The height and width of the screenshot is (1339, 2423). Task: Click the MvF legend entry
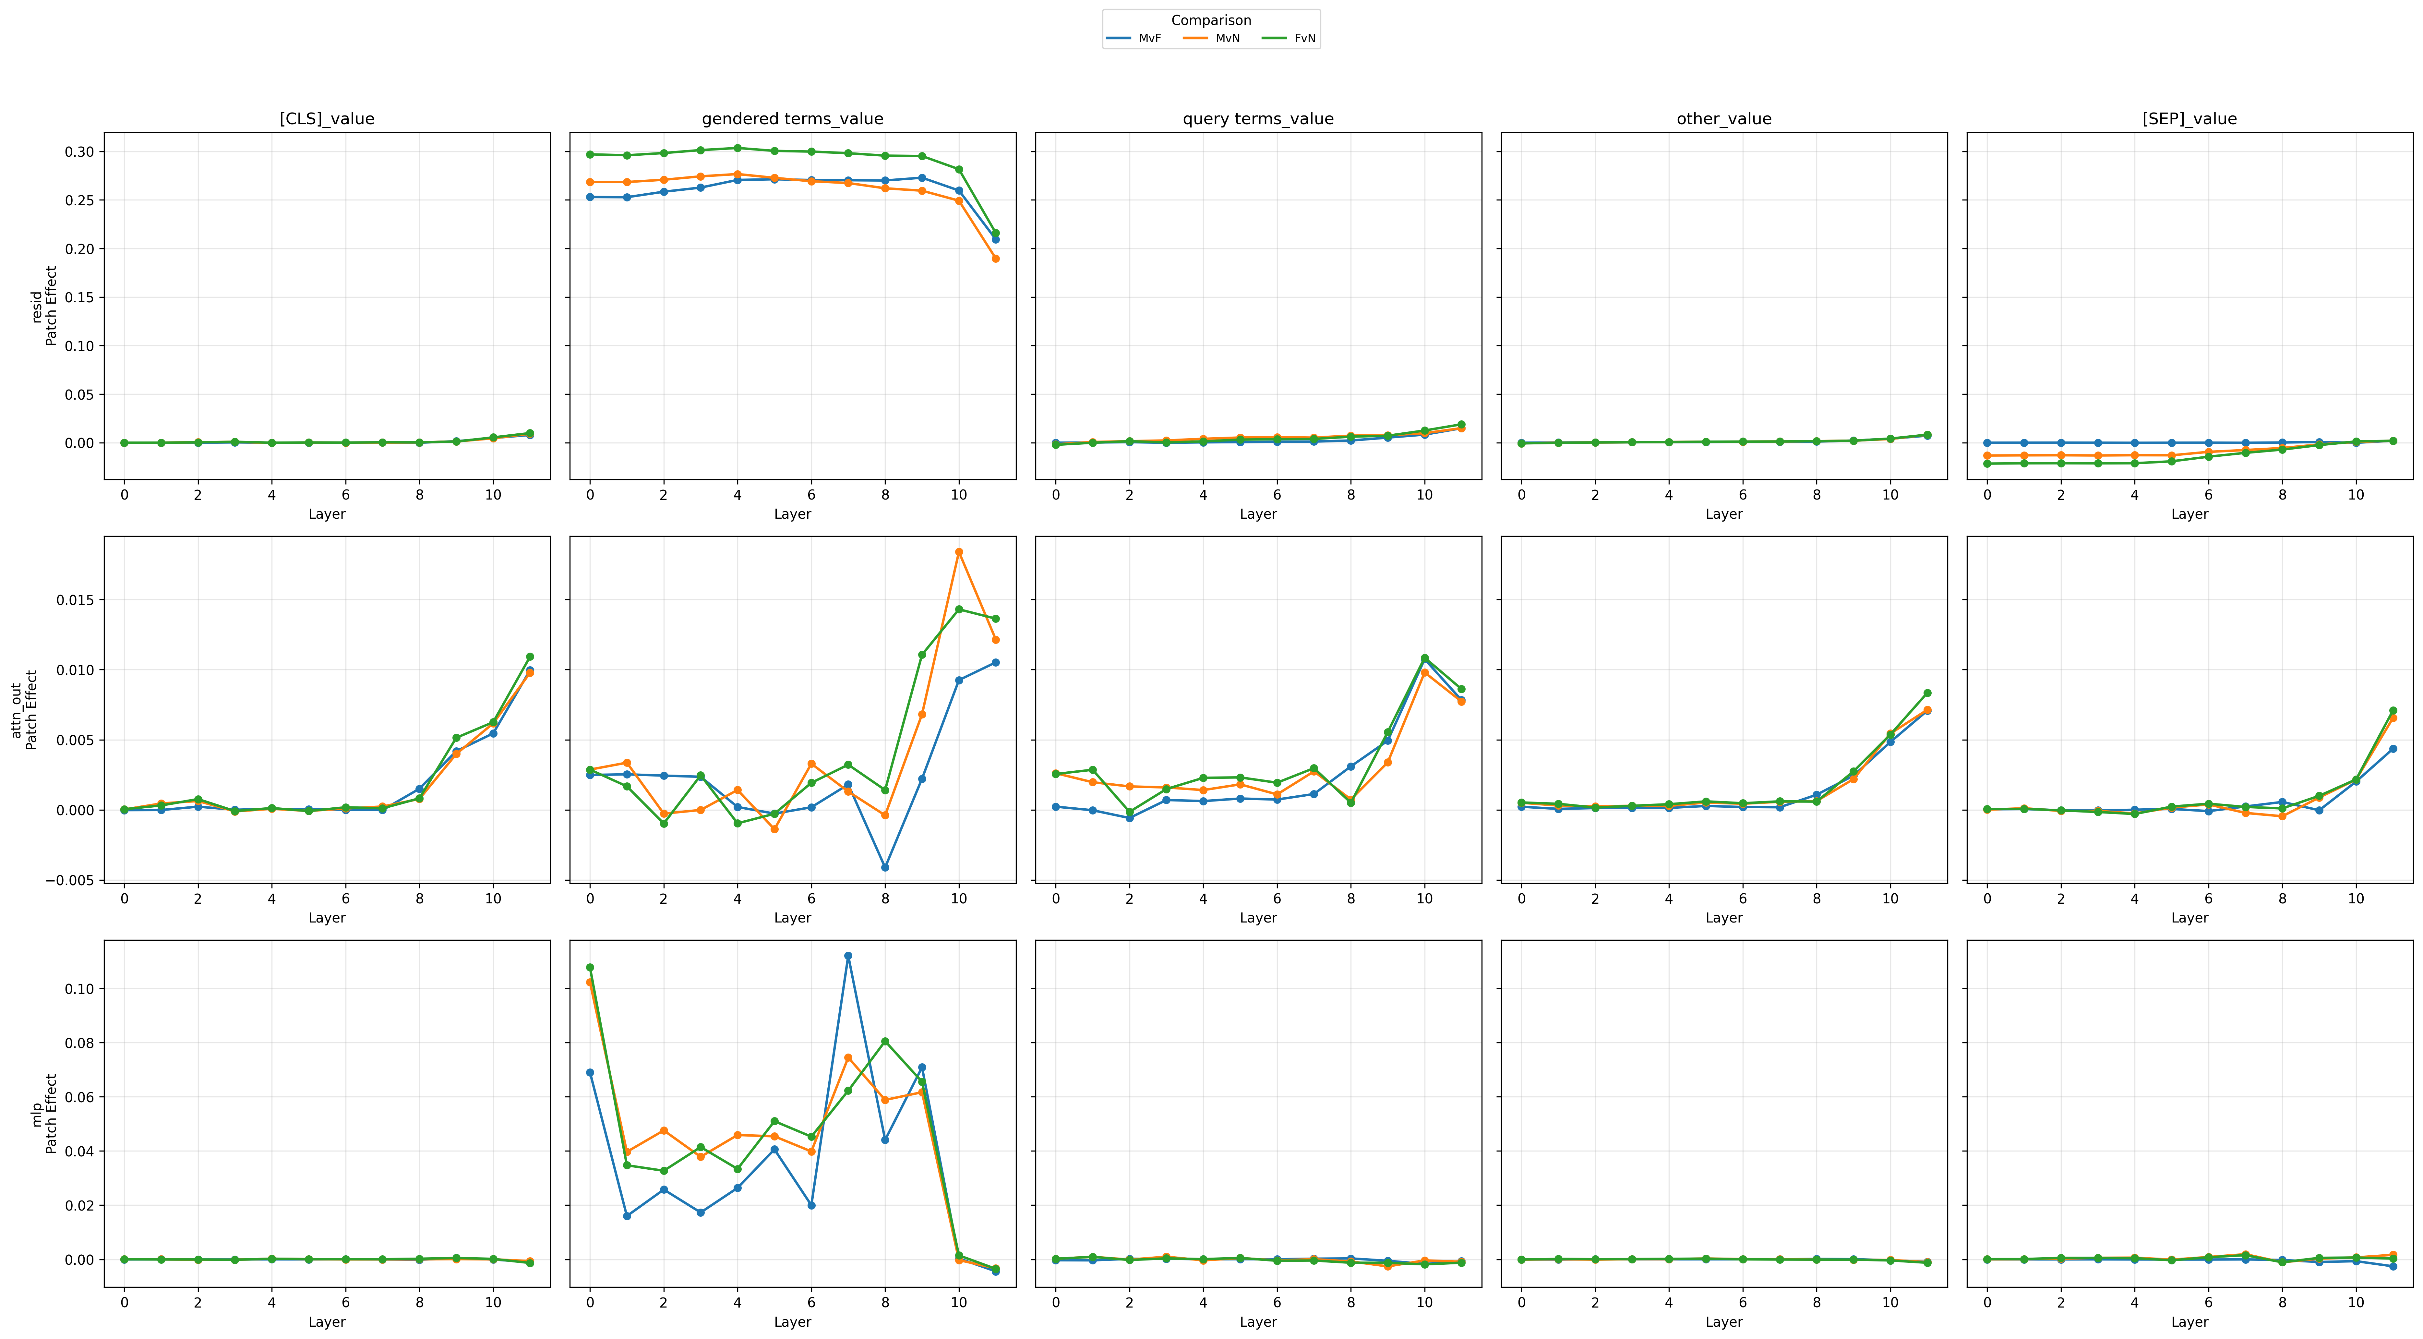pyautogui.click(x=1134, y=39)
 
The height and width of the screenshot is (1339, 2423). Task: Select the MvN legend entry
pyautogui.click(x=1212, y=39)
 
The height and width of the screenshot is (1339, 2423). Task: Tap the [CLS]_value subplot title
pyautogui.click(x=327, y=119)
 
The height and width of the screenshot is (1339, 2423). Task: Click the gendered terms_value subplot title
pyautogui.click(x=793, y=119)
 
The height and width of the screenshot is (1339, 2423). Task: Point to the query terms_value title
pyautogui.click(x=1259, y=119)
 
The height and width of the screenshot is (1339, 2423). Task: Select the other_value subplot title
pyautogui.click(x=1724, y=119)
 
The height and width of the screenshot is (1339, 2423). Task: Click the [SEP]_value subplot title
pyautogui.click(x=2190, y=119)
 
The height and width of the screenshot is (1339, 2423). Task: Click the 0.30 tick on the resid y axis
pyautogui.click(x=80, y=151)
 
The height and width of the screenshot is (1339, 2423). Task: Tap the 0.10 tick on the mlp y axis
pyautogui.click(x=80, y=989)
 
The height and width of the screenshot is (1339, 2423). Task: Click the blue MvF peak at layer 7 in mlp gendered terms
pyautogui.click(x=848, y=956)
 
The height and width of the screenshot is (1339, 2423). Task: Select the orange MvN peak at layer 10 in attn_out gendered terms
pyautogui.click(x=959, y=552)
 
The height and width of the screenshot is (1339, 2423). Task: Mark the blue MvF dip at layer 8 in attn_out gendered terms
pyautogui.click(x=885, y=868)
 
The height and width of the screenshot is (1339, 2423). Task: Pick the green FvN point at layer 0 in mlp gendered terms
pyautogui.click(x=590, y=967)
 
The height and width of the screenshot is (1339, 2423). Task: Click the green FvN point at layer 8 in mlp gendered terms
pyautogui.click(x=885, y=1042)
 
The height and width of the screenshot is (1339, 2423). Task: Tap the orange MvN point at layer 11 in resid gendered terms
pyautogui.click(x=996, y=259)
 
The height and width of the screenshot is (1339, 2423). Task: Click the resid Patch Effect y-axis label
pyautogui.click(x=44, y=306)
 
